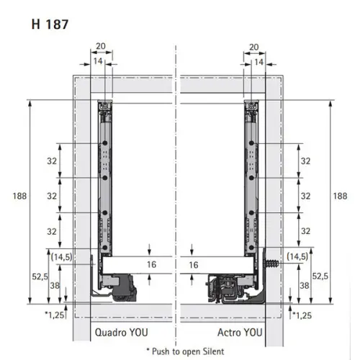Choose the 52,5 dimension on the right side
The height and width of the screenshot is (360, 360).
pyautogui.click(x=320, y=276)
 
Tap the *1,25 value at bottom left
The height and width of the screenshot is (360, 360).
pyautogui.click(x=54, y=315)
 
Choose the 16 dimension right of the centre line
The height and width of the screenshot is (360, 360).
pyautogui.click(x=193, y=265)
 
